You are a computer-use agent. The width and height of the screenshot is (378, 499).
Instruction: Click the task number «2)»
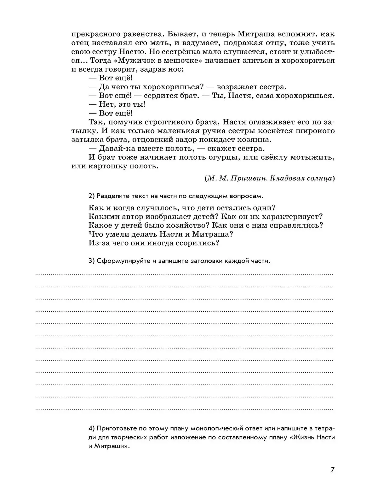pyautogui.click(x=92, y=196)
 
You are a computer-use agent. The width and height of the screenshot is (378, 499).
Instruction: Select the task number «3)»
pyautogui.click(x=92, y=261)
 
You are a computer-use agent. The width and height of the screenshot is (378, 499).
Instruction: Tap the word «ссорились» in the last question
pyautogui.click(x=197, y=243)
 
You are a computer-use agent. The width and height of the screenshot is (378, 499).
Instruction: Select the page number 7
pyautogui.click(x=333, y=470)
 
